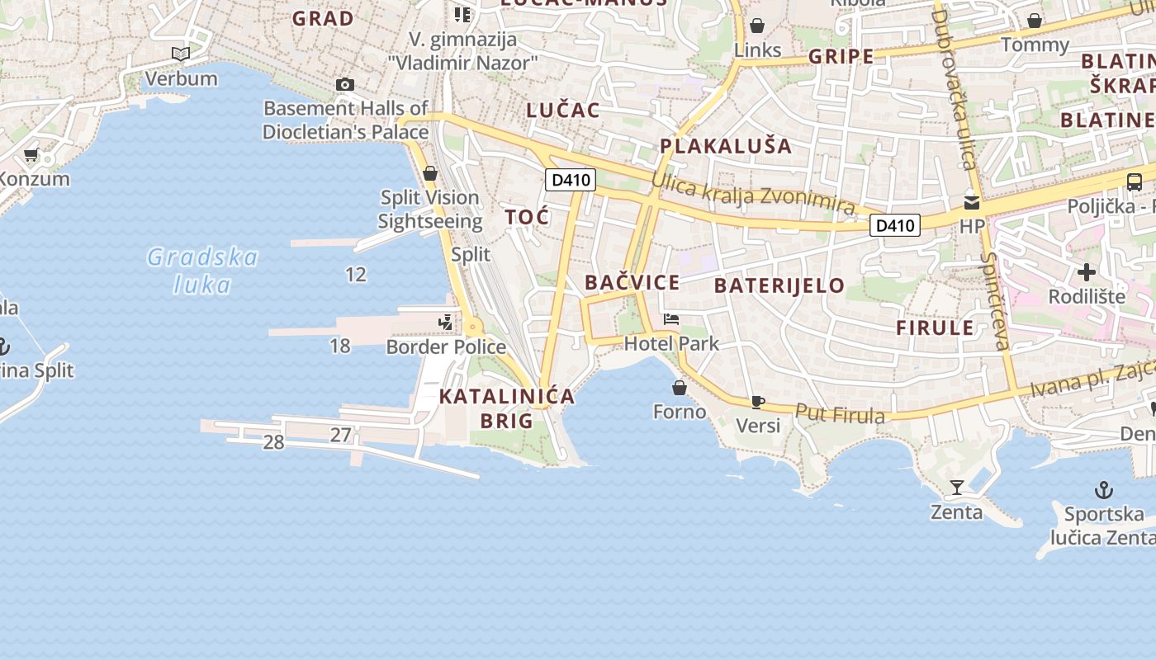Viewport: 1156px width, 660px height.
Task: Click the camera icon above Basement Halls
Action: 345,84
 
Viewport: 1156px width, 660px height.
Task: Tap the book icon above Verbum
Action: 181,54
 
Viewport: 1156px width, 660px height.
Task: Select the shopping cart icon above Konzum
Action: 31,154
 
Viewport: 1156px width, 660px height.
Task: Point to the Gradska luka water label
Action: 202,271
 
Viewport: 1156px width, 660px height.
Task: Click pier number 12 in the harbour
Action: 356,275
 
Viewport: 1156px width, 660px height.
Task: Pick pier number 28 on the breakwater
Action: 273,442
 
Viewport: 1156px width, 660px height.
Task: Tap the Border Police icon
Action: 446,322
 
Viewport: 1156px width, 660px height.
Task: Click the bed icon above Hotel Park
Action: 671,319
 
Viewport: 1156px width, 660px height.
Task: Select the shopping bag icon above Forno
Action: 680,387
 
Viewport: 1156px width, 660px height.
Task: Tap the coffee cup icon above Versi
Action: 757,402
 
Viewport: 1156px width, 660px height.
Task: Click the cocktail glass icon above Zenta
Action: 956,488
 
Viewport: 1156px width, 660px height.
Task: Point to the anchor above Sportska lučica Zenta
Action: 1103,490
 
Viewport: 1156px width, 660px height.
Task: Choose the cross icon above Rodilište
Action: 1087,271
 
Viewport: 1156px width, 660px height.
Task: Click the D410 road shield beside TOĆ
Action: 570,179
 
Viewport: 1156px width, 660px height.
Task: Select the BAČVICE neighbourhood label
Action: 632,283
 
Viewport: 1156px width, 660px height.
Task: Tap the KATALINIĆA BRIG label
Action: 507,408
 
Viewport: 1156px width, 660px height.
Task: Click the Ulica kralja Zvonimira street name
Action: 752,195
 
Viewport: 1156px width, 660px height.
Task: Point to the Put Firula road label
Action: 840,415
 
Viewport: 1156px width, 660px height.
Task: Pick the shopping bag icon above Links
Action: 757,26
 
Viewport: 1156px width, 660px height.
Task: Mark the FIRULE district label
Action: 935,328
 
